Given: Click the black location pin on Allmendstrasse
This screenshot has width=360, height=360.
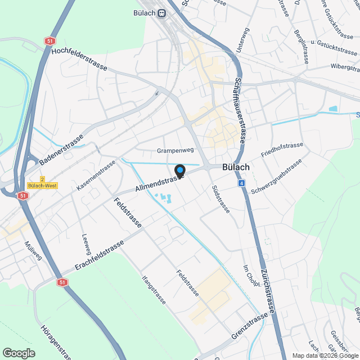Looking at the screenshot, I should (180, 170).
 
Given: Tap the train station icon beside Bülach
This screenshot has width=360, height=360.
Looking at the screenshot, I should (162, 13).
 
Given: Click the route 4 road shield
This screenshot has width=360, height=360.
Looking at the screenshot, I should (241, 183).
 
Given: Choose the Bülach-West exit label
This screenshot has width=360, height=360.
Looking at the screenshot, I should (43, 186).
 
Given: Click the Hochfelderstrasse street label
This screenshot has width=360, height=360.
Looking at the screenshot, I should (79, 58).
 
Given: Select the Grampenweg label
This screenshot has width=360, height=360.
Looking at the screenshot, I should (175, 151).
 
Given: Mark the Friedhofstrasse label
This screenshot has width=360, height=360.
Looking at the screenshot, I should (282, 149).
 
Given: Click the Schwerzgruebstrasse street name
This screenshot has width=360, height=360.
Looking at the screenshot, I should (276, 177).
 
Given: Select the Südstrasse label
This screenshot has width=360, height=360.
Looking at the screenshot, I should (220, 199).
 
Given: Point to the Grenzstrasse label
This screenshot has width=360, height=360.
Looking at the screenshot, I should (249, 327).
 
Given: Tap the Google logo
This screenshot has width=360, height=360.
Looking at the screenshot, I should (18, 353).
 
